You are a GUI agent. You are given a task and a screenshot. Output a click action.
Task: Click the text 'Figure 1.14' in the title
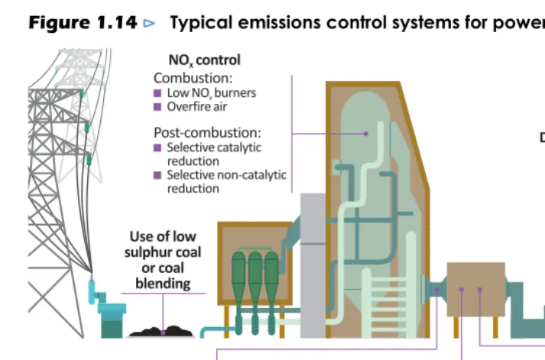[x=83, y=23]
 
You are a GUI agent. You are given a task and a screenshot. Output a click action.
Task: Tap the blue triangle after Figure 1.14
[x=149, y=23]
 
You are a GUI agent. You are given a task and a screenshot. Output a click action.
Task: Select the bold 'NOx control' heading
[x=204, y=60]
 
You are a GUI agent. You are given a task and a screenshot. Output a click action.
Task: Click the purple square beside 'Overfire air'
[x=157, y=107]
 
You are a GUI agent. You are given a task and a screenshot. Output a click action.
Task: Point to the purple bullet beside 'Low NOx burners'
[x=157, y=93]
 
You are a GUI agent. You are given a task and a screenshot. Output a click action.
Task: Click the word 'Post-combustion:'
[x=207, y=133]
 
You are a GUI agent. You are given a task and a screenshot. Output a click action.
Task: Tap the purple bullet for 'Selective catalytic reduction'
[x=157, y=148]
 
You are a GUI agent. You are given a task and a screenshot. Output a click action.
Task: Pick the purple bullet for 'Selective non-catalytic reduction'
[x=157, y=175]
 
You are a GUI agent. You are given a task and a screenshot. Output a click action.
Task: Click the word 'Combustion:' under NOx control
[x=193, y=78]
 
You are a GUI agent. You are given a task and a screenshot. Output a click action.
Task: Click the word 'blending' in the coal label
[x=163, y=284]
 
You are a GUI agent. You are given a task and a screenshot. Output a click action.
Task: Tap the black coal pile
[x=161, y=331]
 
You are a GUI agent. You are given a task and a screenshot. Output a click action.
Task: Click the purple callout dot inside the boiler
[x=365, y=134]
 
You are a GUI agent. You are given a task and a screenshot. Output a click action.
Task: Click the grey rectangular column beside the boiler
[x=313, y=265]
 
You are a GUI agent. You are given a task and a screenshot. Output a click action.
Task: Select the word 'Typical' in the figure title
[x=201, y=23]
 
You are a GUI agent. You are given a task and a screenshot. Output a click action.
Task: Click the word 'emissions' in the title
[x=280, y=23]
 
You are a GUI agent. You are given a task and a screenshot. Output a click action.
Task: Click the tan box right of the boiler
[x=476, y=290]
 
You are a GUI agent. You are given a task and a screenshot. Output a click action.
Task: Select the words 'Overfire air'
[x=197, y=107]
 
